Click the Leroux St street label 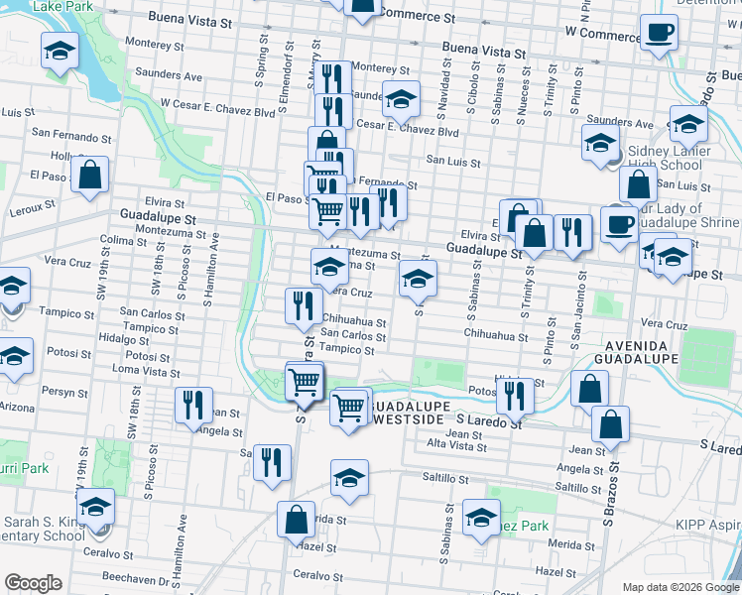click(35, 207)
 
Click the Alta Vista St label click(456, 446)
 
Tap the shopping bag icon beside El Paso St click(90, 176)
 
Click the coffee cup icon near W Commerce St click(658, 33)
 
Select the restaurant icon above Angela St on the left click(193, 405)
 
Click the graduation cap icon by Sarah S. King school click(95, 507)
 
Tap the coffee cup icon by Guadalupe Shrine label click(619, 224)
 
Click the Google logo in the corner click(33, 583)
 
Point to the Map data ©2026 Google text click(680, 587)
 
